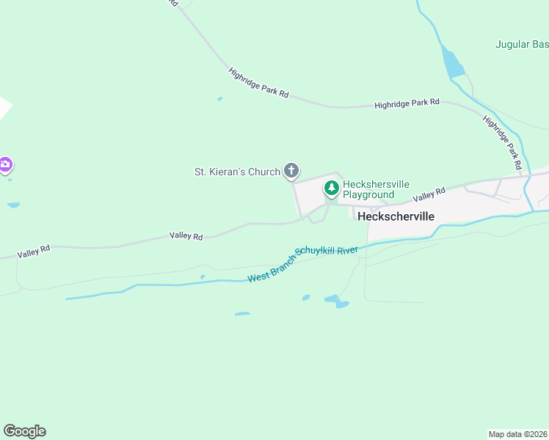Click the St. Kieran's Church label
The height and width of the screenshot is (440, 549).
[236, 172]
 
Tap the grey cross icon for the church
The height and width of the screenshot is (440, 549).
[291, 172]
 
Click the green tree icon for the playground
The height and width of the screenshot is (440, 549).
[332, 189]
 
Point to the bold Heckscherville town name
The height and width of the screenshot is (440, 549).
[396, 217]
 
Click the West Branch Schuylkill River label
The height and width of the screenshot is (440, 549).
[302, 263]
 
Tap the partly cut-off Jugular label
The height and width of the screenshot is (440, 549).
[522, 44]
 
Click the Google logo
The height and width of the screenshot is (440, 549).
[24, 431]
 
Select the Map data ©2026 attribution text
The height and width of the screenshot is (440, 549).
[517, 433]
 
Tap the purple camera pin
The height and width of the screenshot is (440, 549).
[5, 164]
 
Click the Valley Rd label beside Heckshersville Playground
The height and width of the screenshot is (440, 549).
[429, 194]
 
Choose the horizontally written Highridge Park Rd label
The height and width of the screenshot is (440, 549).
[407, 103]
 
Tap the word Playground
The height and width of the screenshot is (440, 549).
[368, 195]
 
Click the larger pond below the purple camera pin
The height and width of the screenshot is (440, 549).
[13, 205]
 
